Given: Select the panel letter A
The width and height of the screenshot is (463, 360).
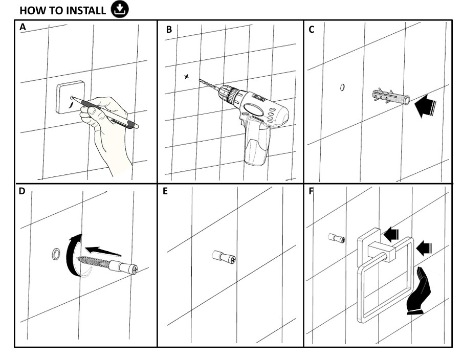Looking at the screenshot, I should [x=23, y=28].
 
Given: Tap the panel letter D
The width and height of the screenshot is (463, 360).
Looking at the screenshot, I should [x=22, y=191].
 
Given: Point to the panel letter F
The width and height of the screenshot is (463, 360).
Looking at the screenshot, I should [x=312, y=191].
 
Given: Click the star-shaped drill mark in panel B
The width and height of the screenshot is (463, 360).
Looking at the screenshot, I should [x=187, y=77].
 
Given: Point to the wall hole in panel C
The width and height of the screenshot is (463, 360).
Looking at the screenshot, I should [x=342, y=87].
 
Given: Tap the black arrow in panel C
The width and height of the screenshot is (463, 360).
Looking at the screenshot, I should [x=425, y=106].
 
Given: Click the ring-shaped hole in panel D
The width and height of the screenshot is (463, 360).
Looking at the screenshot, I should [x=55, y=253].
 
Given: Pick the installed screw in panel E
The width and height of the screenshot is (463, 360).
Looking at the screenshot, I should [x=224, y=257].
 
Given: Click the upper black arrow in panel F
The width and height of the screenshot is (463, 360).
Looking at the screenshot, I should [x=392, y=235].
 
